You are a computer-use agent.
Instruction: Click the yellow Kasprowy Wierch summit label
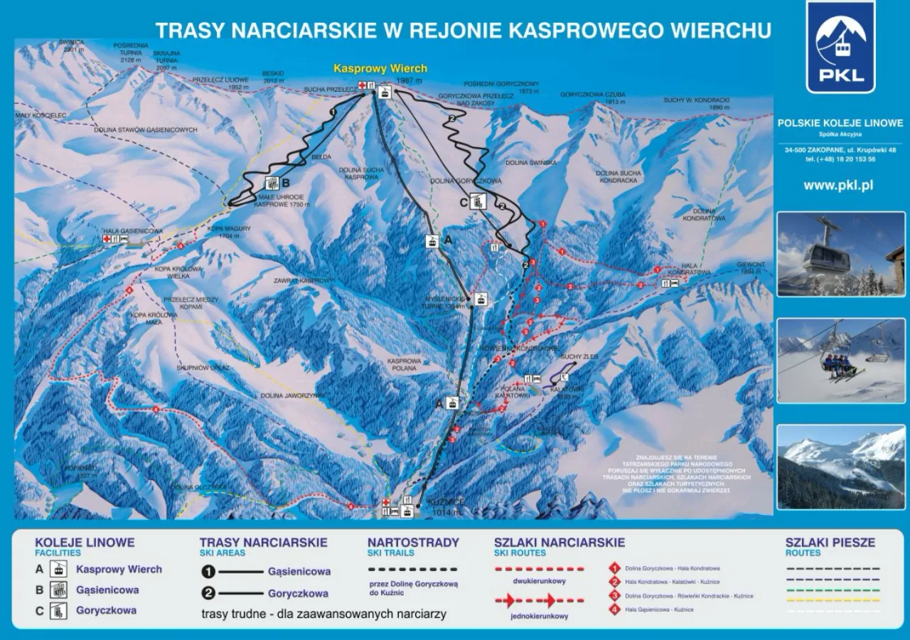[x=380, y=69]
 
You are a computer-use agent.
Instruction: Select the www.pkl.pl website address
[x=838, y=186]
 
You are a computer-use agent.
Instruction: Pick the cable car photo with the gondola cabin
[x=840, y=254]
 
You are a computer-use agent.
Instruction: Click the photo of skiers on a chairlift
[x=840, y=361]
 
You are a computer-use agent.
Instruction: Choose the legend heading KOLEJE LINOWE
[x=85, y=543]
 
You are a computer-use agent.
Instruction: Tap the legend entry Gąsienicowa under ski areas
[x=299, y=571]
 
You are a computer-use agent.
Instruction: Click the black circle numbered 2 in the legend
[x=208, y=593]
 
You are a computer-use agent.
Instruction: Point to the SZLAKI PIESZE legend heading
[x=829, y=543]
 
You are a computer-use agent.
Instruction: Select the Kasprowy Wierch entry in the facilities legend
[x=119, y=570]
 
